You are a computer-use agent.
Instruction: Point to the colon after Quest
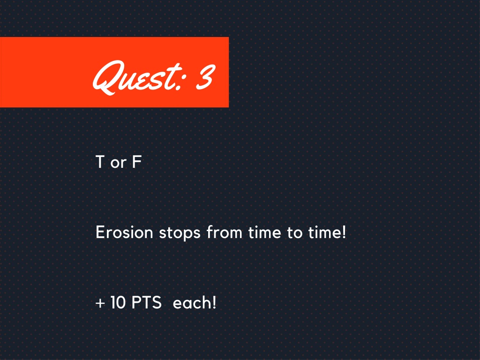point(182,78)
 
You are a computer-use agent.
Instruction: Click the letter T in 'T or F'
point(100,162)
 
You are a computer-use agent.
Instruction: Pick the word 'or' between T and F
point(119,163)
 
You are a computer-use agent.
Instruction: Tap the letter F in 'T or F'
point(136,162)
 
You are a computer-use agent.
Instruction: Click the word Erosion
point(124,232)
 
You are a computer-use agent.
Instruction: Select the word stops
point(180,233)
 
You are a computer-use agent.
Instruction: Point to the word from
point(225,232)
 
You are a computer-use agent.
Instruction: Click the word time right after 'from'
point(264,232)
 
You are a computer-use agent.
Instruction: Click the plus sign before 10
point(100,303)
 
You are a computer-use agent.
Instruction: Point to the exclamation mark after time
point(344,232)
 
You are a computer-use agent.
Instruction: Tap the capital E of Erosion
point(100,232)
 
